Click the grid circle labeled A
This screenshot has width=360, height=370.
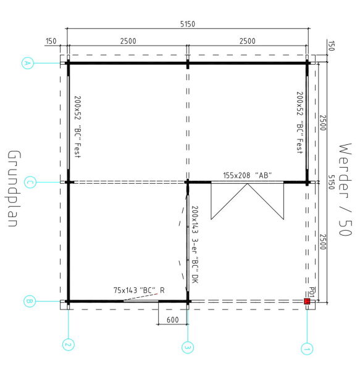[28, 63]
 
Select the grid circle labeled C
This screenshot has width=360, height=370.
[30, 182]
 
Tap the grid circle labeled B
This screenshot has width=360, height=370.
[30, 302]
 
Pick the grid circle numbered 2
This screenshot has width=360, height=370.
[69, 345]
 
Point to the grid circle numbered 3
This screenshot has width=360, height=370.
[188, 347]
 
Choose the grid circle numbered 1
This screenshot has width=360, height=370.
[307, 349]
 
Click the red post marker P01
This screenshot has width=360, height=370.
[307, 301]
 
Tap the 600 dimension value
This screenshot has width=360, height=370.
[173, 319]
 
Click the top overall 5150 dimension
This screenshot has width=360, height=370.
[188, 24]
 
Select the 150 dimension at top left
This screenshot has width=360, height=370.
[51, 41]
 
